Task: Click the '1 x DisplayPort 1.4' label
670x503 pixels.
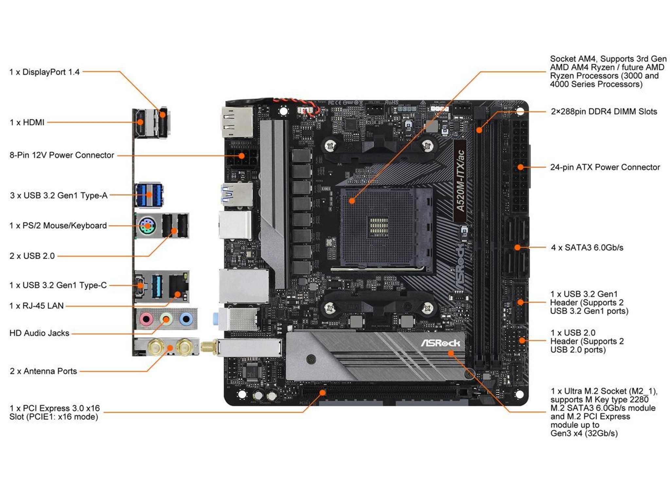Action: tap(44, 72)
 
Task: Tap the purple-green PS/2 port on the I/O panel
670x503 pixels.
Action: tap(147, 226)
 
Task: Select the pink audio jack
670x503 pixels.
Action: tap(146, 319)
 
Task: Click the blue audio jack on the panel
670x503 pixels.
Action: tap(186, 318)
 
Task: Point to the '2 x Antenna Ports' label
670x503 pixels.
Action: tap(43, 371)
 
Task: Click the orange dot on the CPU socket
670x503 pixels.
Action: tap(352, 201)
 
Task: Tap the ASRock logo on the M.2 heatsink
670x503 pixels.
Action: tap(440, 343)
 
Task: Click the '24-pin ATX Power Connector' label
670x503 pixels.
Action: tap(605, 167)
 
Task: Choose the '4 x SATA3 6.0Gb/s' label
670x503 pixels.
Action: tap(587, 248)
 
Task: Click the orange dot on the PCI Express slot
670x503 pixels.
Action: tap(323, 392)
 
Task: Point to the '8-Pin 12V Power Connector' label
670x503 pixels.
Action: tap(62, 155)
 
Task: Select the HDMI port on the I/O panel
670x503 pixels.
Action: tap(140, 123)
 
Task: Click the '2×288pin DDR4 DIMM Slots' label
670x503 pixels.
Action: tap(604, 112)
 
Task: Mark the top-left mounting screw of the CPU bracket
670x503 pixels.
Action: tap(330, 145)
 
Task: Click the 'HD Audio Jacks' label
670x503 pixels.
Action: tap(39, 333)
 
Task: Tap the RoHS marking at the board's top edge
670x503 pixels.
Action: tap(392, 103)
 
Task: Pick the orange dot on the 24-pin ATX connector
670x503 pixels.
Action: tap(520, 167)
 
